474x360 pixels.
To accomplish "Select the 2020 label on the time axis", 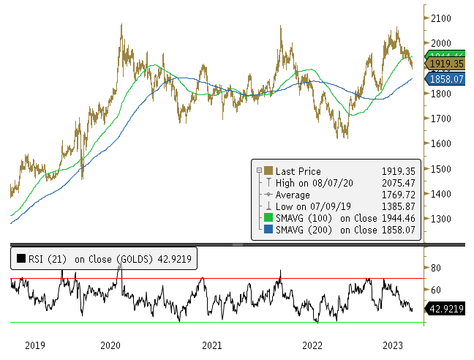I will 110,345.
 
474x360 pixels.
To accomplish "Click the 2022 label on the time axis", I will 312,345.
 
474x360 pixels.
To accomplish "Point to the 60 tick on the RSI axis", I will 438,288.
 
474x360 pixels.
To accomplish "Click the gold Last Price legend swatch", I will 268,171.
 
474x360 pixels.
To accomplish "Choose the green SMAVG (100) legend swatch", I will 268,218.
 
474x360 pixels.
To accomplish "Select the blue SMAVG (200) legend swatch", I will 268,230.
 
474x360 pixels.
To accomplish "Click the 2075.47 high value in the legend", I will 402,183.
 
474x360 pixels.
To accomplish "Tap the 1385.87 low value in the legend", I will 402,206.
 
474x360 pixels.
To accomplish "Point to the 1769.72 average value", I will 402,195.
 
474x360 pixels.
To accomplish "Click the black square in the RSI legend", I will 21,258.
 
